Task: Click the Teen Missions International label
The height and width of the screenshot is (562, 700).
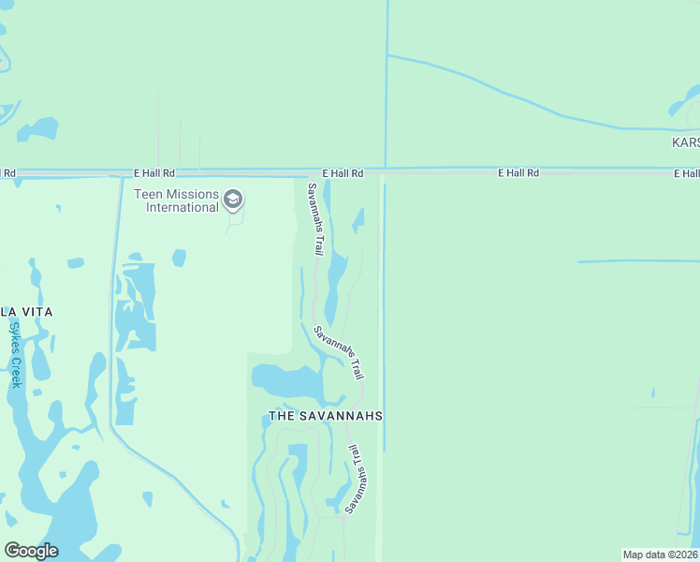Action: [x=176, y=200]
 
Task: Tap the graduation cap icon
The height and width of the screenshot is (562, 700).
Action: [x=233, y=199]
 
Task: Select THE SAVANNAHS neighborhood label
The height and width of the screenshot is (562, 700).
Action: [x=326, y=415]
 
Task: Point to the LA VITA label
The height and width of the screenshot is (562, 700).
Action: [x=26, y=311]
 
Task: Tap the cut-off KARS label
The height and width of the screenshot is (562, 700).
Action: [x=686, y=142]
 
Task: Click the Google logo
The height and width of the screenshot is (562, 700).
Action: [x=31, y=551]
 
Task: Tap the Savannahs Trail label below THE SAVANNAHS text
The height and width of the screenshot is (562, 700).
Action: [x=357, y=479]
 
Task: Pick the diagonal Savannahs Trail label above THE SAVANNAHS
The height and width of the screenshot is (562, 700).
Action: [x=338, y=351]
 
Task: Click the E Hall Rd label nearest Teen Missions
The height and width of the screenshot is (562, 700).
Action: [x=154, y=173]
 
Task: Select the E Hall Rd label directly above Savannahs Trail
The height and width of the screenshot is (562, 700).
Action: [x=343, y=173]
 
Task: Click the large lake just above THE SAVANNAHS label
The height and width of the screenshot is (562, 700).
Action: [x=285, y=381]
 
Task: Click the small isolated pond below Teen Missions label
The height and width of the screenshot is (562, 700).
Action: [x=179, y=257]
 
